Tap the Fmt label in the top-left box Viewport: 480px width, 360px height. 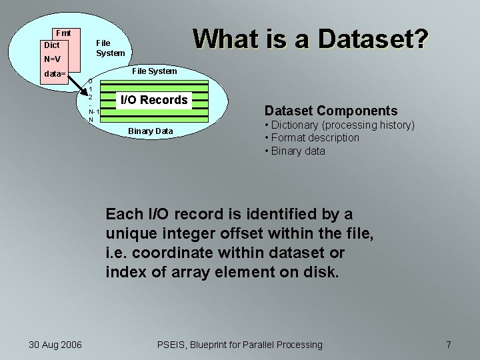pos(64,33)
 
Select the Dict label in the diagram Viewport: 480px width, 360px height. pos(51,45)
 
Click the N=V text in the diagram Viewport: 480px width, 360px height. pos(52,58)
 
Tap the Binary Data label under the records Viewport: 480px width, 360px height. pos(151,131)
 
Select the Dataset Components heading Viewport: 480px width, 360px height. pos(331,111)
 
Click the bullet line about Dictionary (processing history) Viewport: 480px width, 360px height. pos(339,125)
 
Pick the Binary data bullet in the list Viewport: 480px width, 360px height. pos(295,151)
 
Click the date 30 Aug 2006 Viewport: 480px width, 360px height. pos(55,345)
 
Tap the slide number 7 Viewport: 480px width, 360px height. pos(449,345)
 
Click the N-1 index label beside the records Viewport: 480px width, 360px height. pos(93,111)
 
